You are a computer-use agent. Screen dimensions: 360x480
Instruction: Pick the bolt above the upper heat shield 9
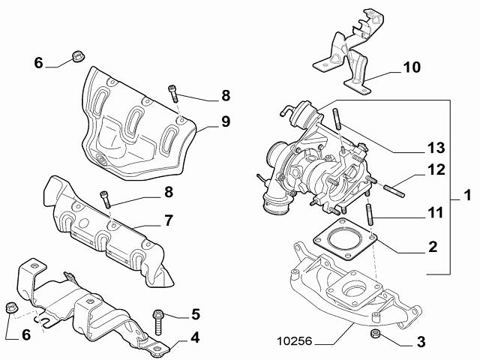click(174, 92)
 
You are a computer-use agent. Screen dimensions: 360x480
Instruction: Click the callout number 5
click(194, 313)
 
